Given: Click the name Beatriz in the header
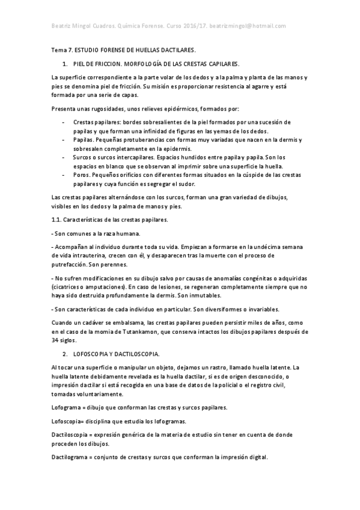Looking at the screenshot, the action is pyautogui.click(x=62, y=26).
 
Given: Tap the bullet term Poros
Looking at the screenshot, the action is pyautogui.click(x=81, y=175).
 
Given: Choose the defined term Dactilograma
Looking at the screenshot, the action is pyautogui.click(x=69, y=457).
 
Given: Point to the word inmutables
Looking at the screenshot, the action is pyautogui.click(x=203, y=295).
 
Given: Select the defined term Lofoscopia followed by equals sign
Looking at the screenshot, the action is pyautogui.click(x=68, y=421).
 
